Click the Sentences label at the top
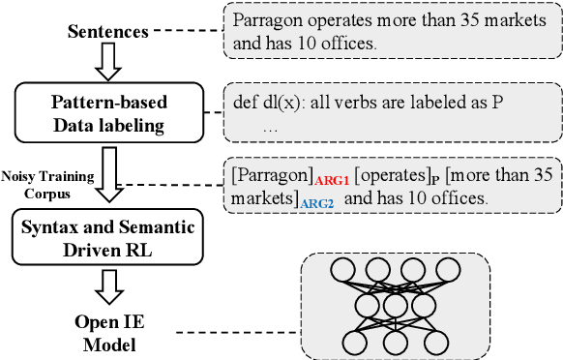[x=107, y=32]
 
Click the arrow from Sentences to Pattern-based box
[x=108, y=63]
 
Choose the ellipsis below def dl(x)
[x=270, y=126]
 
